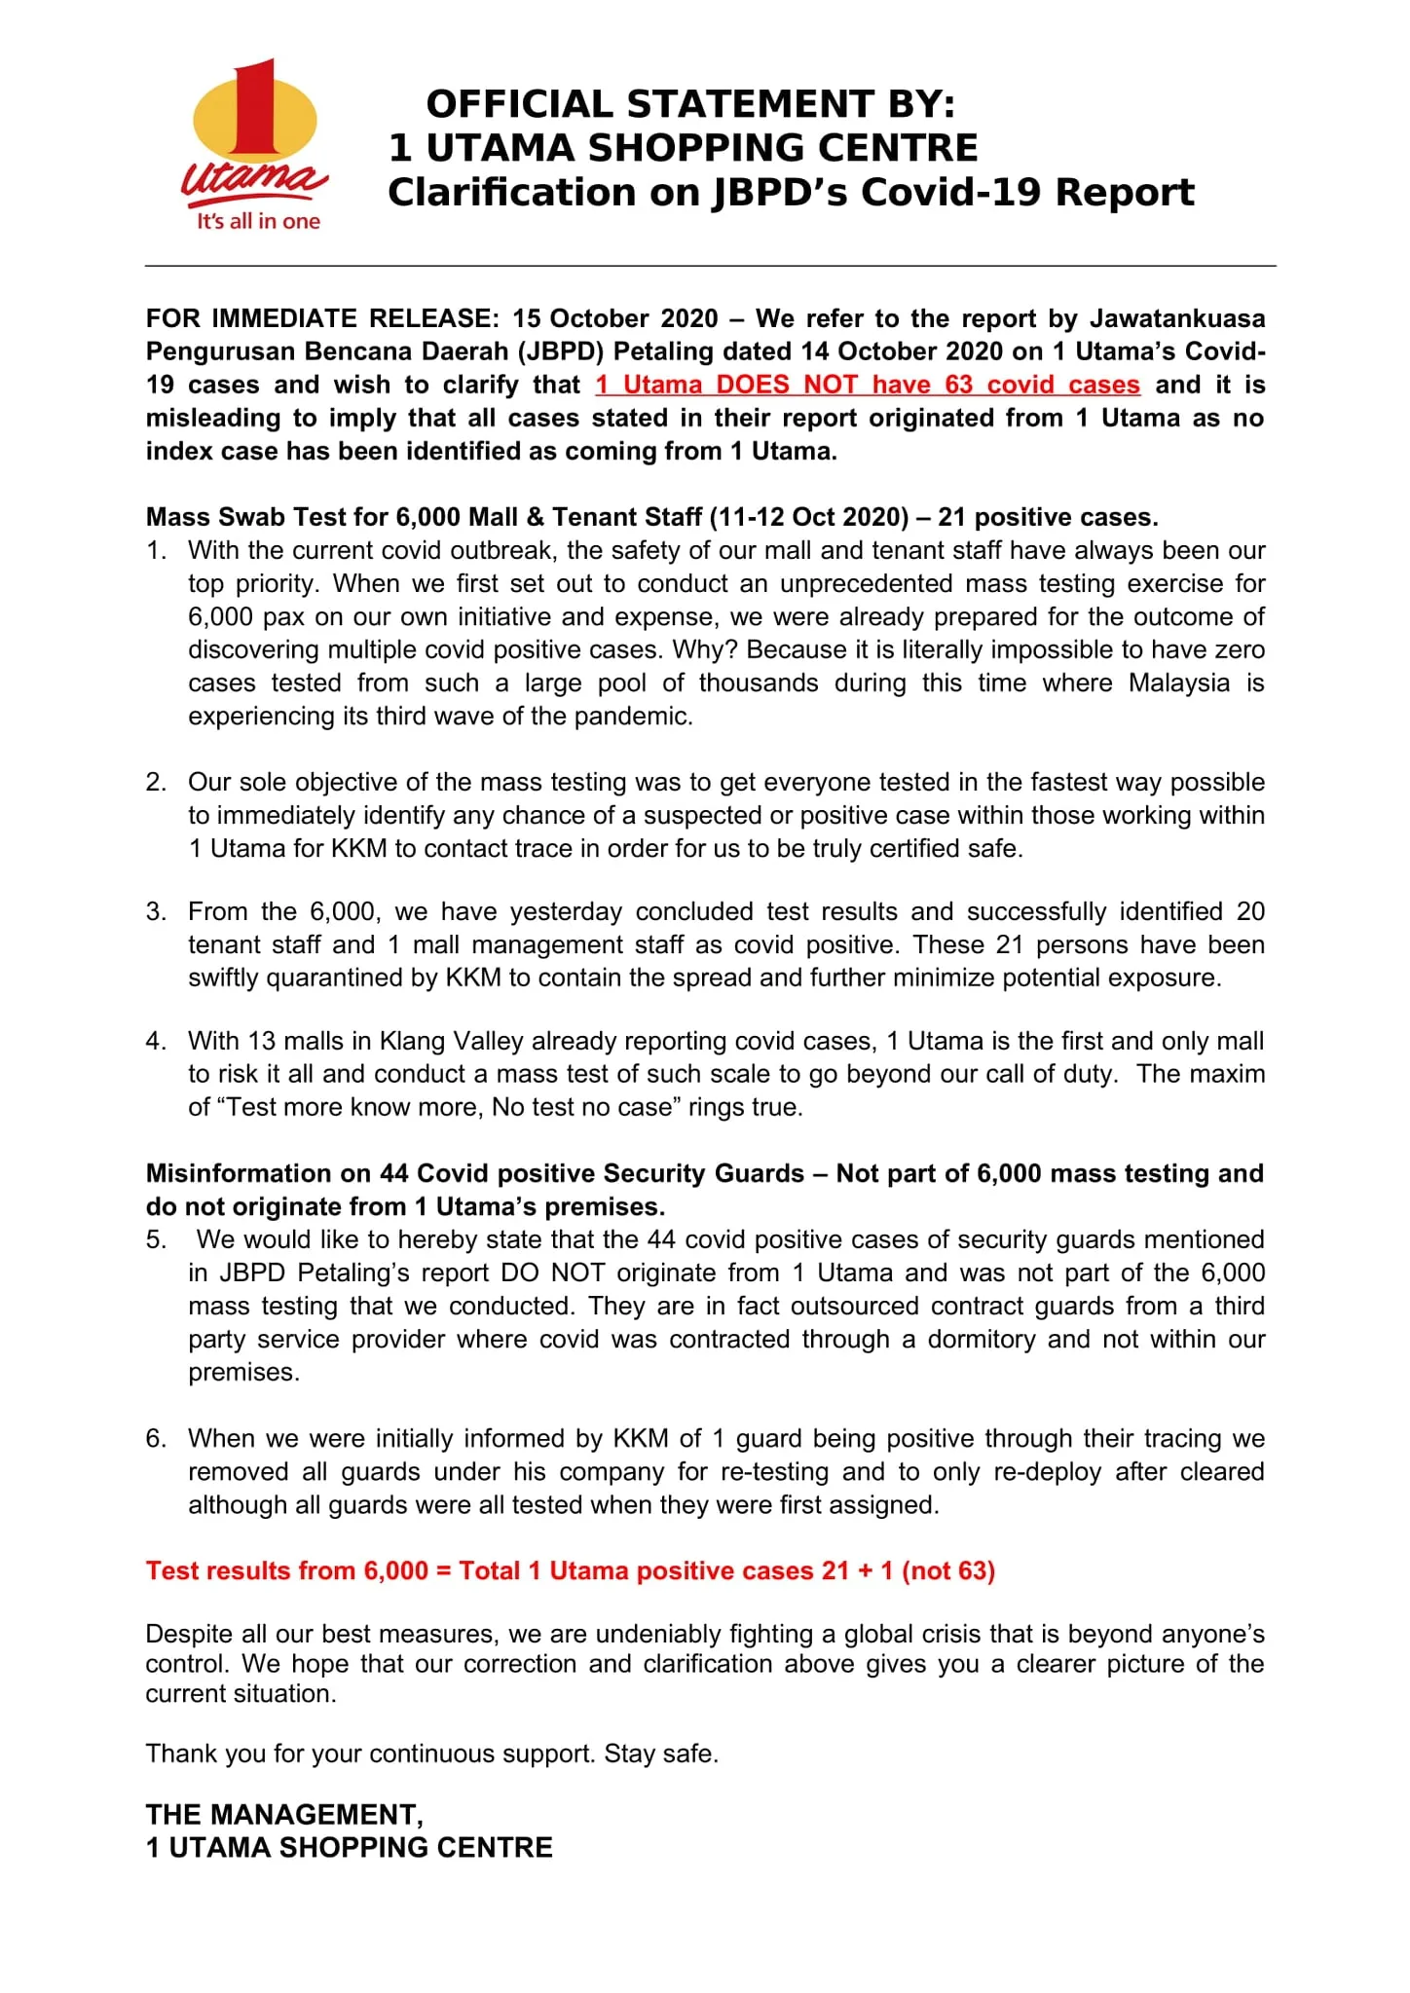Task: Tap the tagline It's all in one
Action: pyautogui.click(x=258, y=222)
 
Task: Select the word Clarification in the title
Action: pyautogui.click(x=511, y=193)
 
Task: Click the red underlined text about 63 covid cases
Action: pyautogui.click(x=868, y=385)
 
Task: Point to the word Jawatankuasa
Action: pyautogui.click(x=1176, y=318)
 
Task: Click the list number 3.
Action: pyautogui.click(x=156, y=912)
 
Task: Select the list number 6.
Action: pyautogui.click(x=156, y=1439)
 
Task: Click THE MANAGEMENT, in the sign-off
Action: pyautogui.click(x=284, y=1815)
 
